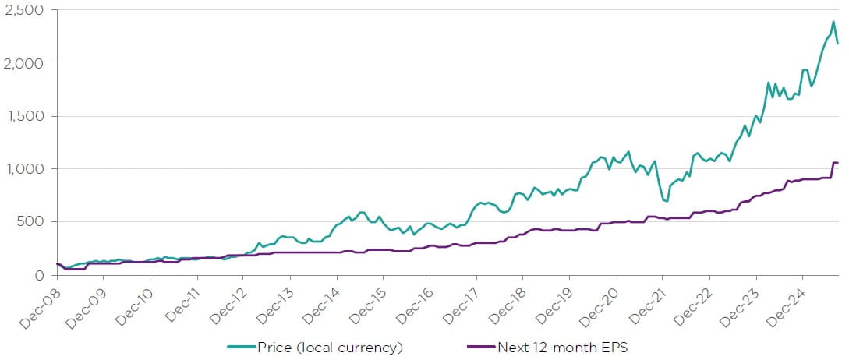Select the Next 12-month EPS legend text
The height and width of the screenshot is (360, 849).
point(562,348)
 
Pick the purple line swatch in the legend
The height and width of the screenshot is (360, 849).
point(480,348)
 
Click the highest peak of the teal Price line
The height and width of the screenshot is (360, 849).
point(833,21)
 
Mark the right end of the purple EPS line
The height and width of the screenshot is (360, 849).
point(837,163)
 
